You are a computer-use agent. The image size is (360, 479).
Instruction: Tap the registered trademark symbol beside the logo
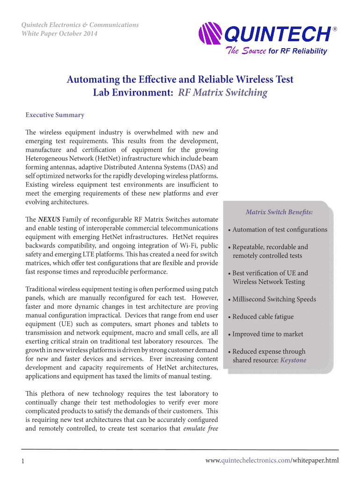334,29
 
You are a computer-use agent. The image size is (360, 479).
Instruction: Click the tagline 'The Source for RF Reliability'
277,51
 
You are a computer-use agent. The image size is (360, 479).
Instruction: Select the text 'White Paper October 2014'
60,34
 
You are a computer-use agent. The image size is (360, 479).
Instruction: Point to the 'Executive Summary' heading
55,115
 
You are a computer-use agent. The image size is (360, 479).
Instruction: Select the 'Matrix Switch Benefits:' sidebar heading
279,212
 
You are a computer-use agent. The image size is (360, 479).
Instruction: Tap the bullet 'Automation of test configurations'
279,230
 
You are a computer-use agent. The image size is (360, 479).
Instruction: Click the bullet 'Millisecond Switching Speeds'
274,299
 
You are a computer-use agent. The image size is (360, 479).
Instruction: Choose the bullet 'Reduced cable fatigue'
263,317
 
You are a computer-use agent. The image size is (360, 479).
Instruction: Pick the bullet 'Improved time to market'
267,334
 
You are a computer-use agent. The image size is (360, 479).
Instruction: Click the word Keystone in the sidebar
293,360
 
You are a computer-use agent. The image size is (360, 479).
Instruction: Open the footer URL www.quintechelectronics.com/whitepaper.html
272,461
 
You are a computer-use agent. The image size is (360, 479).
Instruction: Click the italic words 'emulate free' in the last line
201,428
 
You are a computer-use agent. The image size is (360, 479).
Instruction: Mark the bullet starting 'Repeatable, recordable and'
270,247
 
